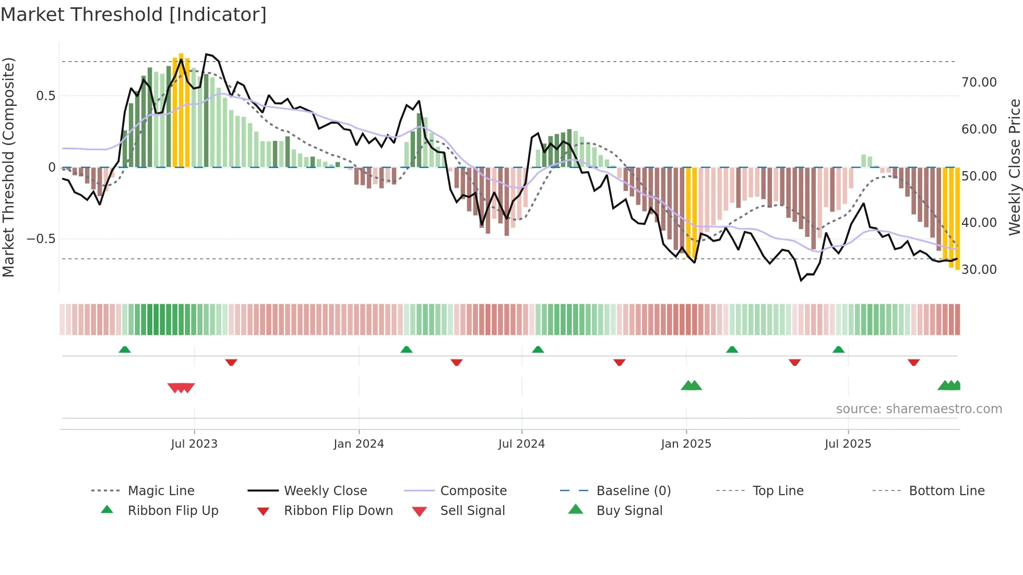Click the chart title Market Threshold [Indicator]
click(x=134, y=15)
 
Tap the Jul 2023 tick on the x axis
click(x=194, y=444)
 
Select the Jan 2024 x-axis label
click(x=359, y=444)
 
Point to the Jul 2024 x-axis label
click(x=521, y=444)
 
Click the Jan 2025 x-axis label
click(x=686, y=444)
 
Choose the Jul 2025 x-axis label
click(x=848, y=444)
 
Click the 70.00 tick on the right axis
click(x=979, y=82)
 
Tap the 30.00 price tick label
click(x=979, y=270)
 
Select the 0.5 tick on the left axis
click(x=45, y=96)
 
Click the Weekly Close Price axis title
click(x=1014, y=167)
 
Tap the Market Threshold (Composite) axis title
click(x=9, y=167)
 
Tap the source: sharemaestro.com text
click(x=919, y=409)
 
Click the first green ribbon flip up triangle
click(x=125, y=350)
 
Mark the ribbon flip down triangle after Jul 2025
click(x=913, y=362)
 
